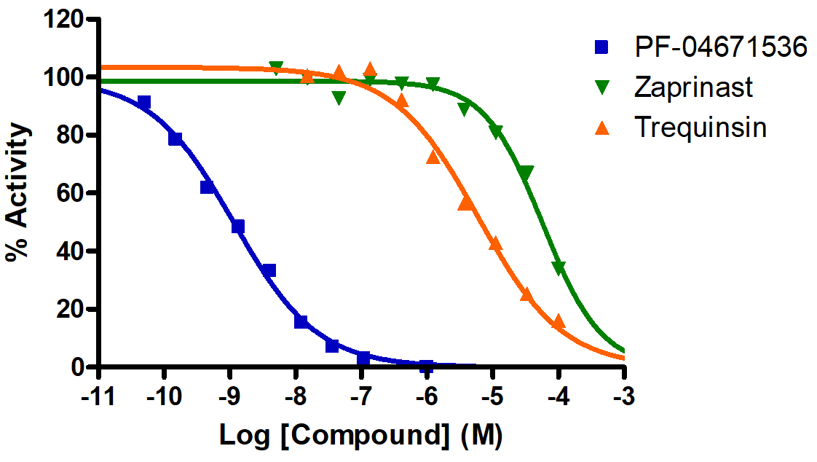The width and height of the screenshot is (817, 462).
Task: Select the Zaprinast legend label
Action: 693,87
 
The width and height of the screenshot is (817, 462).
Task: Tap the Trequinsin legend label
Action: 700,128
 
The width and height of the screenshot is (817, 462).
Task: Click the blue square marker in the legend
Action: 601,47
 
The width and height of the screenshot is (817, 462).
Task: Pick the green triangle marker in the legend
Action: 601,87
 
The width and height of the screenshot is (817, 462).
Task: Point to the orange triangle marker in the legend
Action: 601,128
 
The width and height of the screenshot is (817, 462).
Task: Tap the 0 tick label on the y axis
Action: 80,367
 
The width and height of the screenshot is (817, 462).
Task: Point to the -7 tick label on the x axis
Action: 360,400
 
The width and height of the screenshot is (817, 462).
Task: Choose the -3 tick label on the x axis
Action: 624,400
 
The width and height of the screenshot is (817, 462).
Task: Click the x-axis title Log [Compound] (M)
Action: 361,436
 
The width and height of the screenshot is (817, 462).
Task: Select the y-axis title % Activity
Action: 18,192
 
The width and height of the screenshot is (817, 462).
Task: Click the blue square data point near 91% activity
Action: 144,103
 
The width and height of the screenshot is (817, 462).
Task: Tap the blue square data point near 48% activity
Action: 237,227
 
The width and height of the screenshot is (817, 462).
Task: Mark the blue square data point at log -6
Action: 427,366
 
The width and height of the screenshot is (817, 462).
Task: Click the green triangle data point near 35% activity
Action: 559,267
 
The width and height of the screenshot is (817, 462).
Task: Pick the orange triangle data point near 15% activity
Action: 559,321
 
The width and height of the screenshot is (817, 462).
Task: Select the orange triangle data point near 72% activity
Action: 433,157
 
